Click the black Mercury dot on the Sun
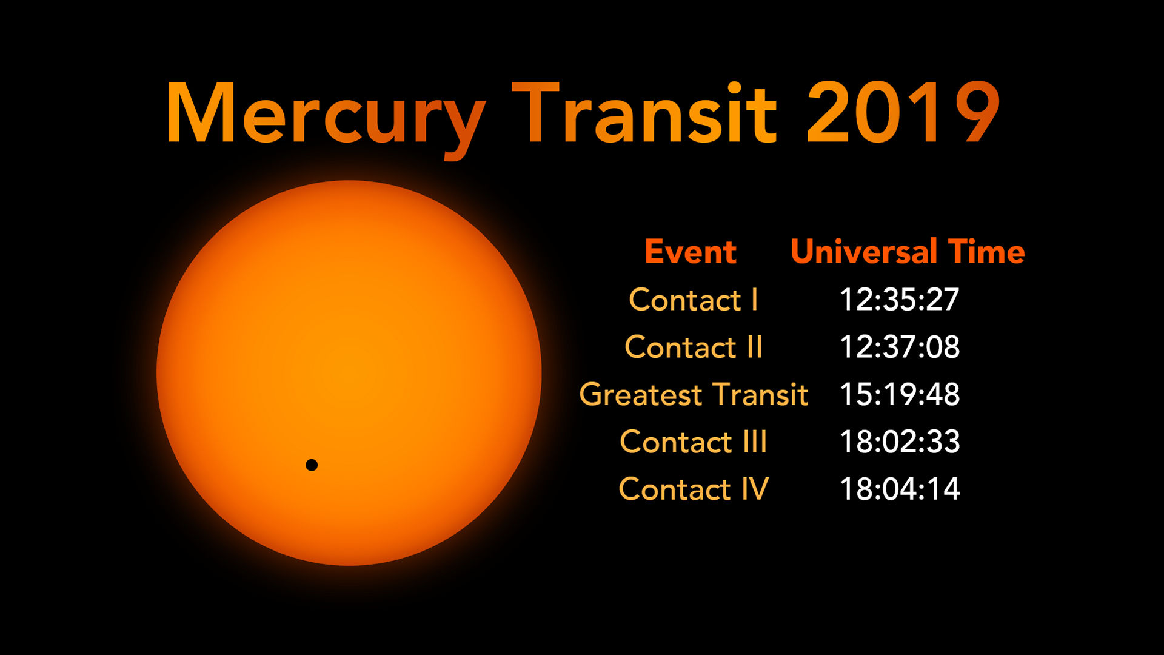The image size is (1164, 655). pyautogui.click(x=312, y=465)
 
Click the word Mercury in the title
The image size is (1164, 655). pyautogui.click(x=326, y=118)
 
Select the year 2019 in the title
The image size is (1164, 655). pyautogui.click(x=903, y=113)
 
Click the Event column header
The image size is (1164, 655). pyautogui.click(x=691, y=252)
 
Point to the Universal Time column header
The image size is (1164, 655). pyautogui.click(x=908, y=252)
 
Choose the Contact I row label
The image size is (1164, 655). pyautogui.click(x=694, y=300)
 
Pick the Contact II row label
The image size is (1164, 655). pyautogui.click(x=694, y=347)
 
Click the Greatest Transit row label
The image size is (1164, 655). pyautogui.click(x=694, y=394)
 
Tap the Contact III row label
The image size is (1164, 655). pyautogui.click(x=694, y=442)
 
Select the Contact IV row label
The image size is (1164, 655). pyautogui.click(x=694, y=489)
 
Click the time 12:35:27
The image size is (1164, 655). pyautogui.click(x=900, y=300)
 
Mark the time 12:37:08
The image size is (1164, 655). pyautogui.click(x=900, y=347)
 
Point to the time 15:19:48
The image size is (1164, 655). pyautogui.click(x=900, y=394)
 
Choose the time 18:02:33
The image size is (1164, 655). pyautogui.click(x=900, y=442)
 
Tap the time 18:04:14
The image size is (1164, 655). pyautogui.click(x=900, y=489)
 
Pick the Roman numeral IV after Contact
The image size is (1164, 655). pyautogui.click(x=755, y=489)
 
